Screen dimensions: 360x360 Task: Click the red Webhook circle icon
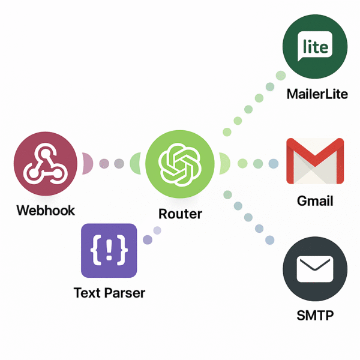click(46, 163)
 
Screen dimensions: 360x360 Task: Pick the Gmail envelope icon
click(315, 160)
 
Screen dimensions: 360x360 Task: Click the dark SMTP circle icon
click(314, 271)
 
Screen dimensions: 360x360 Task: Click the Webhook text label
click(46, 211)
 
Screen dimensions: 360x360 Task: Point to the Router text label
click(180, 214)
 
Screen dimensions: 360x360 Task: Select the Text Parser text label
click(109, 293)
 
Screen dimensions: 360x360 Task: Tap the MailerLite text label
click(317, 94)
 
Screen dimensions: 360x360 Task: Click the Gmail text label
click(315, 201)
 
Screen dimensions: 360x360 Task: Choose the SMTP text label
click(314, 316)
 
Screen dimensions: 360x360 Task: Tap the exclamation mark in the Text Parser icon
click(109, 249)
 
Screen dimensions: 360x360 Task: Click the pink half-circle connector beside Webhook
click(86, 163)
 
